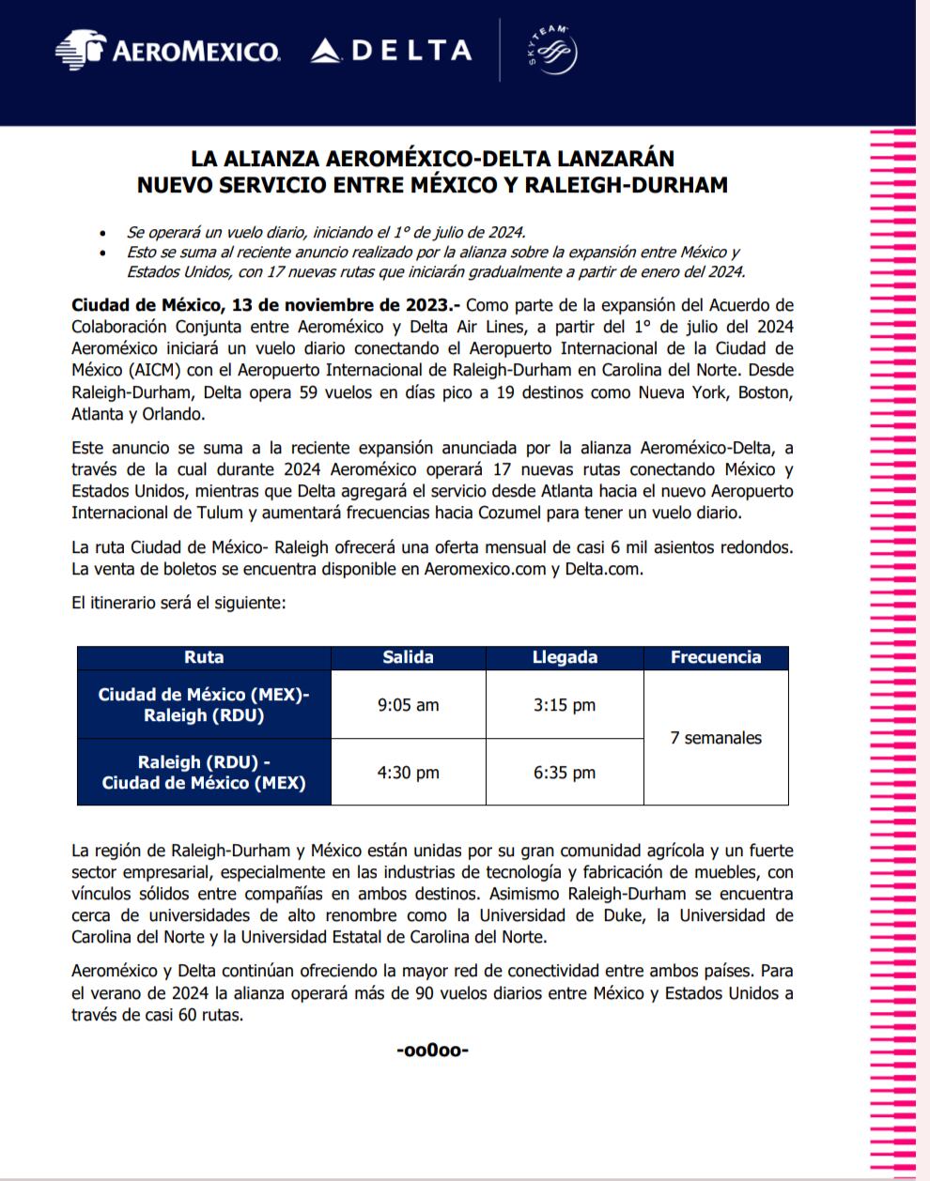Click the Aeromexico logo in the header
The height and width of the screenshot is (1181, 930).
pyautogui.click(x=167, y=50)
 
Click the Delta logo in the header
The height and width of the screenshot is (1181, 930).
pyautogui.click(x=391, y=50)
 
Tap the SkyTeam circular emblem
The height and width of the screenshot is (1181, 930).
pyautogui.click(x=551, y=51)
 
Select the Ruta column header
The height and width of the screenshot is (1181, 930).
pyautogui.click(x=204, y=657)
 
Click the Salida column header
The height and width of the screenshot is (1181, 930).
pyautogui.click(x=408, y=657)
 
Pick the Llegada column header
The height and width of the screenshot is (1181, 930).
pyautogui.click(x=565, y=657)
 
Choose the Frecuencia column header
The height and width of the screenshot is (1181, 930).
pyautogui.click(x=716, y=657)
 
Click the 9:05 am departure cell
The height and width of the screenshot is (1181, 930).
pyautogui.click(x=408, y=705)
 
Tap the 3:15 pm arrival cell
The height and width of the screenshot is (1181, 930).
pyautogui.click(x=565, y=705)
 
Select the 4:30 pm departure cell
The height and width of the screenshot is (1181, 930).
pyautogui.click(x=408, y=773)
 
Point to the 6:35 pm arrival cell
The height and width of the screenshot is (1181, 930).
pyautogui.click(x=565, y=773)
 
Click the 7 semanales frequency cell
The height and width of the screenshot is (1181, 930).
pyautogui.click(x=716, y=738)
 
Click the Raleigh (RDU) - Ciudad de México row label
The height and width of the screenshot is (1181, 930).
pyautogui.click(x=204, y=773)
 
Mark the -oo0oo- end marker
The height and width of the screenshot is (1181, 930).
pyautogui.click(x=433, y=1050)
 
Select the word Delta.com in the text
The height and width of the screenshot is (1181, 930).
pyautogui.click(x=603, y=569)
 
